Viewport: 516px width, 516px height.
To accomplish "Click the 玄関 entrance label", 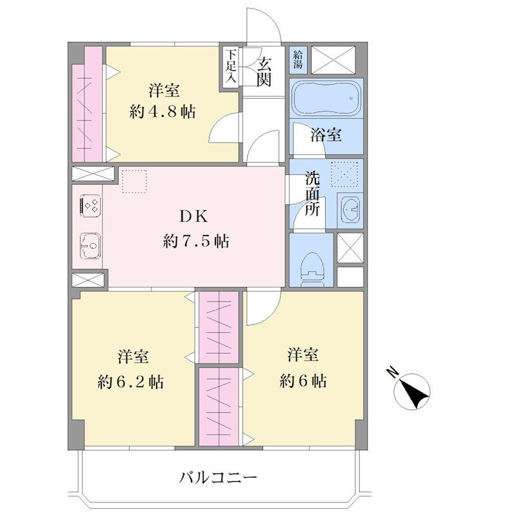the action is coord(264,72).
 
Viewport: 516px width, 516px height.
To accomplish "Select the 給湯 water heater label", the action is coord(298,59).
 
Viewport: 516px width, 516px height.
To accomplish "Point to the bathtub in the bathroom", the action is coord(326,98).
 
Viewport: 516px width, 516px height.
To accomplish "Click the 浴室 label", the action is coord(326,134).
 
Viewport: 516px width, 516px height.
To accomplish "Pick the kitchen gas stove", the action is coord(90,206).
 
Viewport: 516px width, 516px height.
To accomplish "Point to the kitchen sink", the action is coord(90,246).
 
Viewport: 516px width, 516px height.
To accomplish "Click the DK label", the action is coord(193,217).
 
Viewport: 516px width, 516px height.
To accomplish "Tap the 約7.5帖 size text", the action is coord(196,241).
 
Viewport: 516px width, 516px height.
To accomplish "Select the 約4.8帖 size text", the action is coord(163,112).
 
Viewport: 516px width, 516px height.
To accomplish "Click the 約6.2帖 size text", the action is coord(131,382).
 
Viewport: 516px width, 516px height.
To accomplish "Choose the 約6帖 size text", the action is coord(303,381).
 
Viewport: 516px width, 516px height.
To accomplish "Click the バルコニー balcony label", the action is coord(217,477).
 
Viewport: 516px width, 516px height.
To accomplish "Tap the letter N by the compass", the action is coord(392,373).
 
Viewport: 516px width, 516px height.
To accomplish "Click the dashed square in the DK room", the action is coord(134,181).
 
